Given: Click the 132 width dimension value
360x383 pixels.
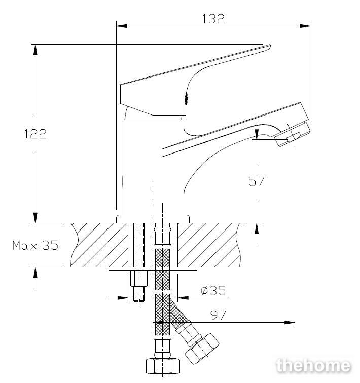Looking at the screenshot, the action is (x=213, y=19).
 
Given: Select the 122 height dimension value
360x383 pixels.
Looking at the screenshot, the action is (x=35, y=134).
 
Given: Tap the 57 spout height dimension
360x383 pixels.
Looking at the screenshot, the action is (x=257, y=181).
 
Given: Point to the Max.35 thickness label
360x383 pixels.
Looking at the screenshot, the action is (x=35, y=245).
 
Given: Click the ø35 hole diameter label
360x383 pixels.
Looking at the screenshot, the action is (x=213, y=291).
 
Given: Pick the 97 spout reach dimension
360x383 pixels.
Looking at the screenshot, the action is (x=218, y=315).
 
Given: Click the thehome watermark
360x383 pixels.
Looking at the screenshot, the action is (x=313, y=366).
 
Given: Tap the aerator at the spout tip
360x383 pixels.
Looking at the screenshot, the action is (x=292, y=134).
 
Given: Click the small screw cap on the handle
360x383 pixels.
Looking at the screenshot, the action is (x=186, y=98).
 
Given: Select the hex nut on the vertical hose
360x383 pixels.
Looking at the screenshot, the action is (x=163, y=366).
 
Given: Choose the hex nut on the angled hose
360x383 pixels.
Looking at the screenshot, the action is (x=202, y=349).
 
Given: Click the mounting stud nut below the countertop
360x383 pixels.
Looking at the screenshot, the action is (x=139, y=278).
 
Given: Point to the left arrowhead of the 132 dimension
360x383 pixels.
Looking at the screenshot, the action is (x=122, y=26).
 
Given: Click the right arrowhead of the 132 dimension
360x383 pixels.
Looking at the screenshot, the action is (x=305, y=26).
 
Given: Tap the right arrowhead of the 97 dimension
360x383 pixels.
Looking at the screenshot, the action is (x=290, y=322).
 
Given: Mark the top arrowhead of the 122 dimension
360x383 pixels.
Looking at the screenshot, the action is (x=35, y=50).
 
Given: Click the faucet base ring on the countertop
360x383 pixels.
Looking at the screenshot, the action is (x=153, y=219).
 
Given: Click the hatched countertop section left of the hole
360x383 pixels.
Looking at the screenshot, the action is (x=99, y=245).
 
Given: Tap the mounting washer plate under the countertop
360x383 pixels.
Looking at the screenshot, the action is (x=153, y=269).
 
